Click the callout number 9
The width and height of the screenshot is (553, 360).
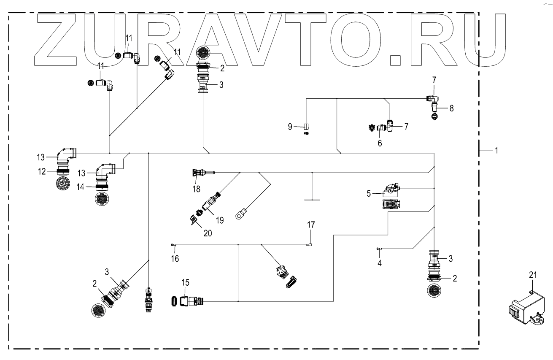(x=291, y=126)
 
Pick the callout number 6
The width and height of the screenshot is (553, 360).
(x=380, y=143)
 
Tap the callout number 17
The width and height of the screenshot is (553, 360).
(x=310, y=225)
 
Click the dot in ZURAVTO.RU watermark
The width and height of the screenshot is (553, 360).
(x=395, y=59)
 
